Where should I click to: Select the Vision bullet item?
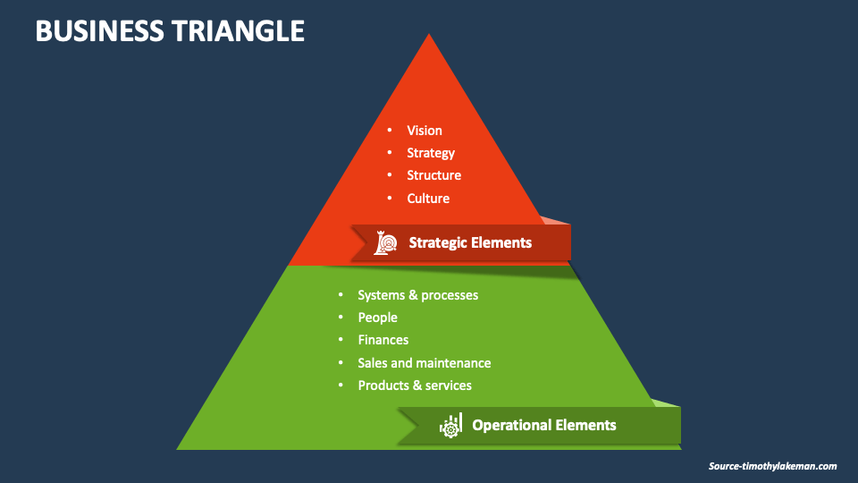[x=425, y=131]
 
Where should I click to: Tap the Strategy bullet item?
[x=431, y=153]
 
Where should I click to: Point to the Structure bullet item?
[x=433, y=175]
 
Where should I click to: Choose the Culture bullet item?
[x=428, y=199]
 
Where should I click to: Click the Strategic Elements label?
[x=470, y=242]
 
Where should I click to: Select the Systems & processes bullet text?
[x=417, y=295]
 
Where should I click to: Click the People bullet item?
[x=377, y=318]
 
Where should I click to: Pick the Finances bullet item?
[x=383, y=340]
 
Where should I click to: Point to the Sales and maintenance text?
[x=424, y=363]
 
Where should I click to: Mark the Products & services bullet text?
[x=415, y=386]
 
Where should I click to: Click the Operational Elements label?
[x=543, y=425]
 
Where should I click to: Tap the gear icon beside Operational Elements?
[x=450, y=426]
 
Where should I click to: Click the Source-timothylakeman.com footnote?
[x=772, y=466]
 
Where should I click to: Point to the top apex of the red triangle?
[x=429, y=36]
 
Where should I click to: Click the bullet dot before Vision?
[x=390, y=131]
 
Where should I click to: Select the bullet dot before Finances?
[x=341, y=340]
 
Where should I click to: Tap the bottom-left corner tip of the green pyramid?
[x=179, y=448]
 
